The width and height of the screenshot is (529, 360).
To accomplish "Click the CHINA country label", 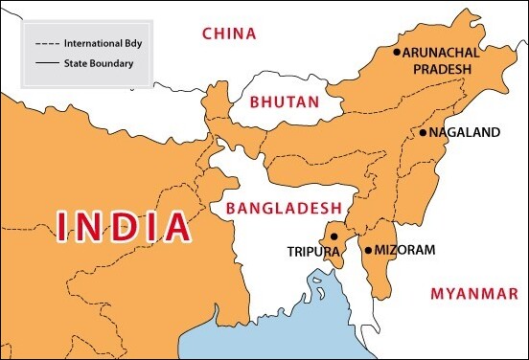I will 229,34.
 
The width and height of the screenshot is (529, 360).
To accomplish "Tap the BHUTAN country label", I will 283,101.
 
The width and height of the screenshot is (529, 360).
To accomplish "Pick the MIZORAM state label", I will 405,250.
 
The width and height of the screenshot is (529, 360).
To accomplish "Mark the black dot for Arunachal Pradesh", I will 397,52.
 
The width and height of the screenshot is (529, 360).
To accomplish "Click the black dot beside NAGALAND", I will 422,133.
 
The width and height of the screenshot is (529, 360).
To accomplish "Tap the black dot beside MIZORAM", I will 368,250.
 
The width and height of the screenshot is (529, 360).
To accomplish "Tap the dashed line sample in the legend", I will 46,44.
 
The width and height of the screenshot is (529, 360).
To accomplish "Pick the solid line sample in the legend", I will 46,64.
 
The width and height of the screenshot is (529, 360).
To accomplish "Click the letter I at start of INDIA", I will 64,226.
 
